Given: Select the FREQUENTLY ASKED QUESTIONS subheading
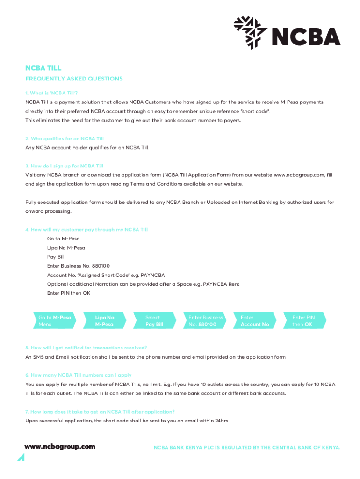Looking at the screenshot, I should [74, 79].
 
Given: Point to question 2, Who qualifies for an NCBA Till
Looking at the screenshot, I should [65, 139].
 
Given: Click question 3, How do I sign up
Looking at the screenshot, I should [65, 166].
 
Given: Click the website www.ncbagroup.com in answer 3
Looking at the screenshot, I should [299, 175].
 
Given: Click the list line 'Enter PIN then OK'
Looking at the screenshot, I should [69, 293].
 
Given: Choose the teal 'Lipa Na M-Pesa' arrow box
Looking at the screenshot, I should [104, 321].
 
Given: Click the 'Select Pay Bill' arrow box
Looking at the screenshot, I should [154, 321].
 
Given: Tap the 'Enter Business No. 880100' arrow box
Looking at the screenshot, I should [205, 321].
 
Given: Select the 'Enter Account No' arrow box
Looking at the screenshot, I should [255, 321].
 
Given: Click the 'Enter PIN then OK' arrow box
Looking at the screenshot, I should [304, 321].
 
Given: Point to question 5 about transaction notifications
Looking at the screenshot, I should [86, 348].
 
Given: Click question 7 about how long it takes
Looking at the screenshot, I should [100, 412].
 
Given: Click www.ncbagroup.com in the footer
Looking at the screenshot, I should [60, 447].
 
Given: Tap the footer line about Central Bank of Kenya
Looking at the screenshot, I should [247, 448].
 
